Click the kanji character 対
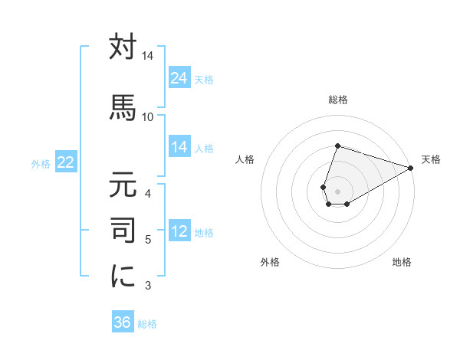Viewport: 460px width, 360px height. [x=123, y=47]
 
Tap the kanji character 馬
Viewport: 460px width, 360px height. [x=123, y=107]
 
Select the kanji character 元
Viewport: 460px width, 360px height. [x=123, y=186]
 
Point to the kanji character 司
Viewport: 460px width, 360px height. [x=123, y=229]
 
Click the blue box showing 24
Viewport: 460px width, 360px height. [x=179, y=78]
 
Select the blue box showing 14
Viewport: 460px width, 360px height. [x=179, y=147]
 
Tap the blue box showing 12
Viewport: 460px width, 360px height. [x=179, y=231]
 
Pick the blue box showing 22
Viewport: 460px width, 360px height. [x=66, y=162]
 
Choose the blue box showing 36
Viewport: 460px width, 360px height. [x=123, y=322]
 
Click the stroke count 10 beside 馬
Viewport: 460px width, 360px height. [x=147, y=116]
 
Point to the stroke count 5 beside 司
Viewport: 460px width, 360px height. [x=148, y=240]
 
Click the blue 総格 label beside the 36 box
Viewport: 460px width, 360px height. [x=147, y=324]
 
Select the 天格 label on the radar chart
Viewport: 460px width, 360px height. [x=431, y=159]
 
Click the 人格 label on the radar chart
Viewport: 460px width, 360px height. [x=245, y=159]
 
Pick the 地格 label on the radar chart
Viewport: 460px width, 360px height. [x=402, y=262]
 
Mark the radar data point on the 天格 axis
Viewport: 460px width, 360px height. [x=411, y=168]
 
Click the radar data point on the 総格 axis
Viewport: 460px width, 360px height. [x=337, y=146]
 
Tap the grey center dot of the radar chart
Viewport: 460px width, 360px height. [x=337, y=190]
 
